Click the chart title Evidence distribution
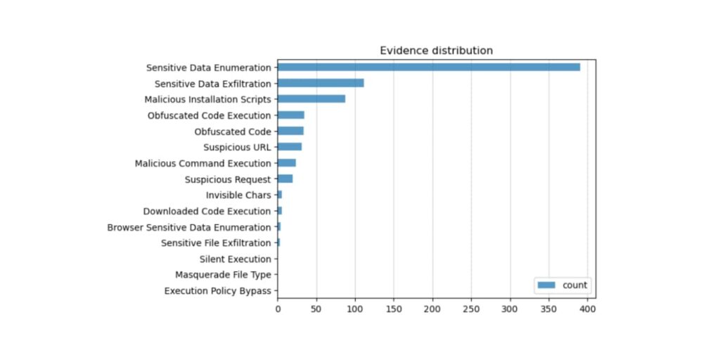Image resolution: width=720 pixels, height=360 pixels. click(x=436, y=51)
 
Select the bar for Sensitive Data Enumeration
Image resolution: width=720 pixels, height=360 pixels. click(x=429, y=67)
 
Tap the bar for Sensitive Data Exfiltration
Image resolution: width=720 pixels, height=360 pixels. click(x=321, y=83)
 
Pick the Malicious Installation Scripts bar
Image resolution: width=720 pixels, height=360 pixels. click(x=311, y=98)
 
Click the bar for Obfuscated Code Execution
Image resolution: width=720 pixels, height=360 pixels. click(x=291, y=115)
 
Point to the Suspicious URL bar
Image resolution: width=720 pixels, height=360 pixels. click(x=290, y=147)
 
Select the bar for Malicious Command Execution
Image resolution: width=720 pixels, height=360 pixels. click(x=287, y=163)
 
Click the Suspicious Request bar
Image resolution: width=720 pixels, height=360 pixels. click(x=285, y=179)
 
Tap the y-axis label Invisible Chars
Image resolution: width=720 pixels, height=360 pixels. click(x=238, y=195)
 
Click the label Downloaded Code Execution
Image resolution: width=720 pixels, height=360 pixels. click(x=207, y=211)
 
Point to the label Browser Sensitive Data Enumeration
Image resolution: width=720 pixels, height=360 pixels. click(x=189, y=227)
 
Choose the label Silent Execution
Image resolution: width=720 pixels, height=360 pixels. click(x=236, y=259)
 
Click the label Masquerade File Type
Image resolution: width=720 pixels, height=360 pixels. click(x=223, y=275)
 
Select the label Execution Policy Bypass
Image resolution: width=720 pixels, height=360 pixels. click(x=218, y=291)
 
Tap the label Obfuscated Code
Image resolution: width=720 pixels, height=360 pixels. click(x=233, y=131)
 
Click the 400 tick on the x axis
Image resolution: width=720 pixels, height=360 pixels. click(x=587, y=309)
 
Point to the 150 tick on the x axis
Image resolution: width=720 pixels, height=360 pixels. click(x=394, y=309)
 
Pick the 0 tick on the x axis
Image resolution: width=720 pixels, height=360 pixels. click(x=278, y=309)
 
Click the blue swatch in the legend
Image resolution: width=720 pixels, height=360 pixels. click(x=546, y=285)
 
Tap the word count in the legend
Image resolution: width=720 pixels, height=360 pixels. click(x=575, y=285)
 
